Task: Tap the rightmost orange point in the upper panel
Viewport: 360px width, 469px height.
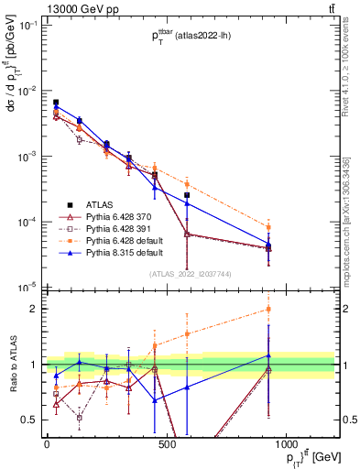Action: [294, 227]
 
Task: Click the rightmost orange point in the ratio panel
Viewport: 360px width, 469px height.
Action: [294, 309]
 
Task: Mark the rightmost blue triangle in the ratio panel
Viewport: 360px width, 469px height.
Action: [294, 355]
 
